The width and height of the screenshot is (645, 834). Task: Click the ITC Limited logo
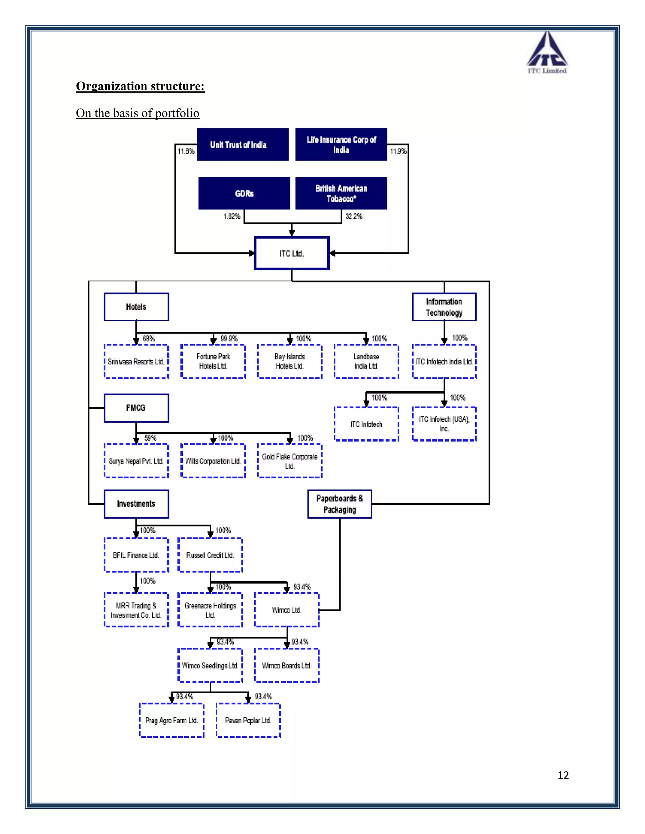click(x=547, y=53)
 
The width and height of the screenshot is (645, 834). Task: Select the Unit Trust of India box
click(x=243, y=144)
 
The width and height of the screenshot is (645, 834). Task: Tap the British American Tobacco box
click(x=341, y=193)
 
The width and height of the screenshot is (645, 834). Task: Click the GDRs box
click(x=244, y=193)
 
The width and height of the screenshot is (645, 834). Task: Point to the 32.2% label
click(x=354, y=216)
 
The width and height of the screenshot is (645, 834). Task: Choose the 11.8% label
click(x=186, y=151)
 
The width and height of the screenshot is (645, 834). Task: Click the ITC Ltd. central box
click(x=292, y=253)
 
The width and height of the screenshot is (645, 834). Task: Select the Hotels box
click(x=136, y=307)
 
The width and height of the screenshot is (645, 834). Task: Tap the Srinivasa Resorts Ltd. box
click(x=136, y=362)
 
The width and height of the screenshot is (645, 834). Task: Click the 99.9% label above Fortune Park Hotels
click(x=229, y=338)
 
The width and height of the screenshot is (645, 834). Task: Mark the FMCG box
click(x=136, y=408)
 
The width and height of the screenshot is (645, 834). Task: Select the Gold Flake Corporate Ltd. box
click(x=290, y=461)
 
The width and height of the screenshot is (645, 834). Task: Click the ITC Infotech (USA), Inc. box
click(x=444, y=424)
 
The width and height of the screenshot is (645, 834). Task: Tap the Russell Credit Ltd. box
click(x=210, y=555)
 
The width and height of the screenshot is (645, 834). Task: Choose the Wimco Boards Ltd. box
click(x=287, y=666)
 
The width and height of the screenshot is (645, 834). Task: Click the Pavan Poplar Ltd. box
click(x=248, y=720)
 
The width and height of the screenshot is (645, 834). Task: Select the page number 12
click(x=563, y=775)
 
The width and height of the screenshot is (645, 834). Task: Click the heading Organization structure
click(x=140, y=86)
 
